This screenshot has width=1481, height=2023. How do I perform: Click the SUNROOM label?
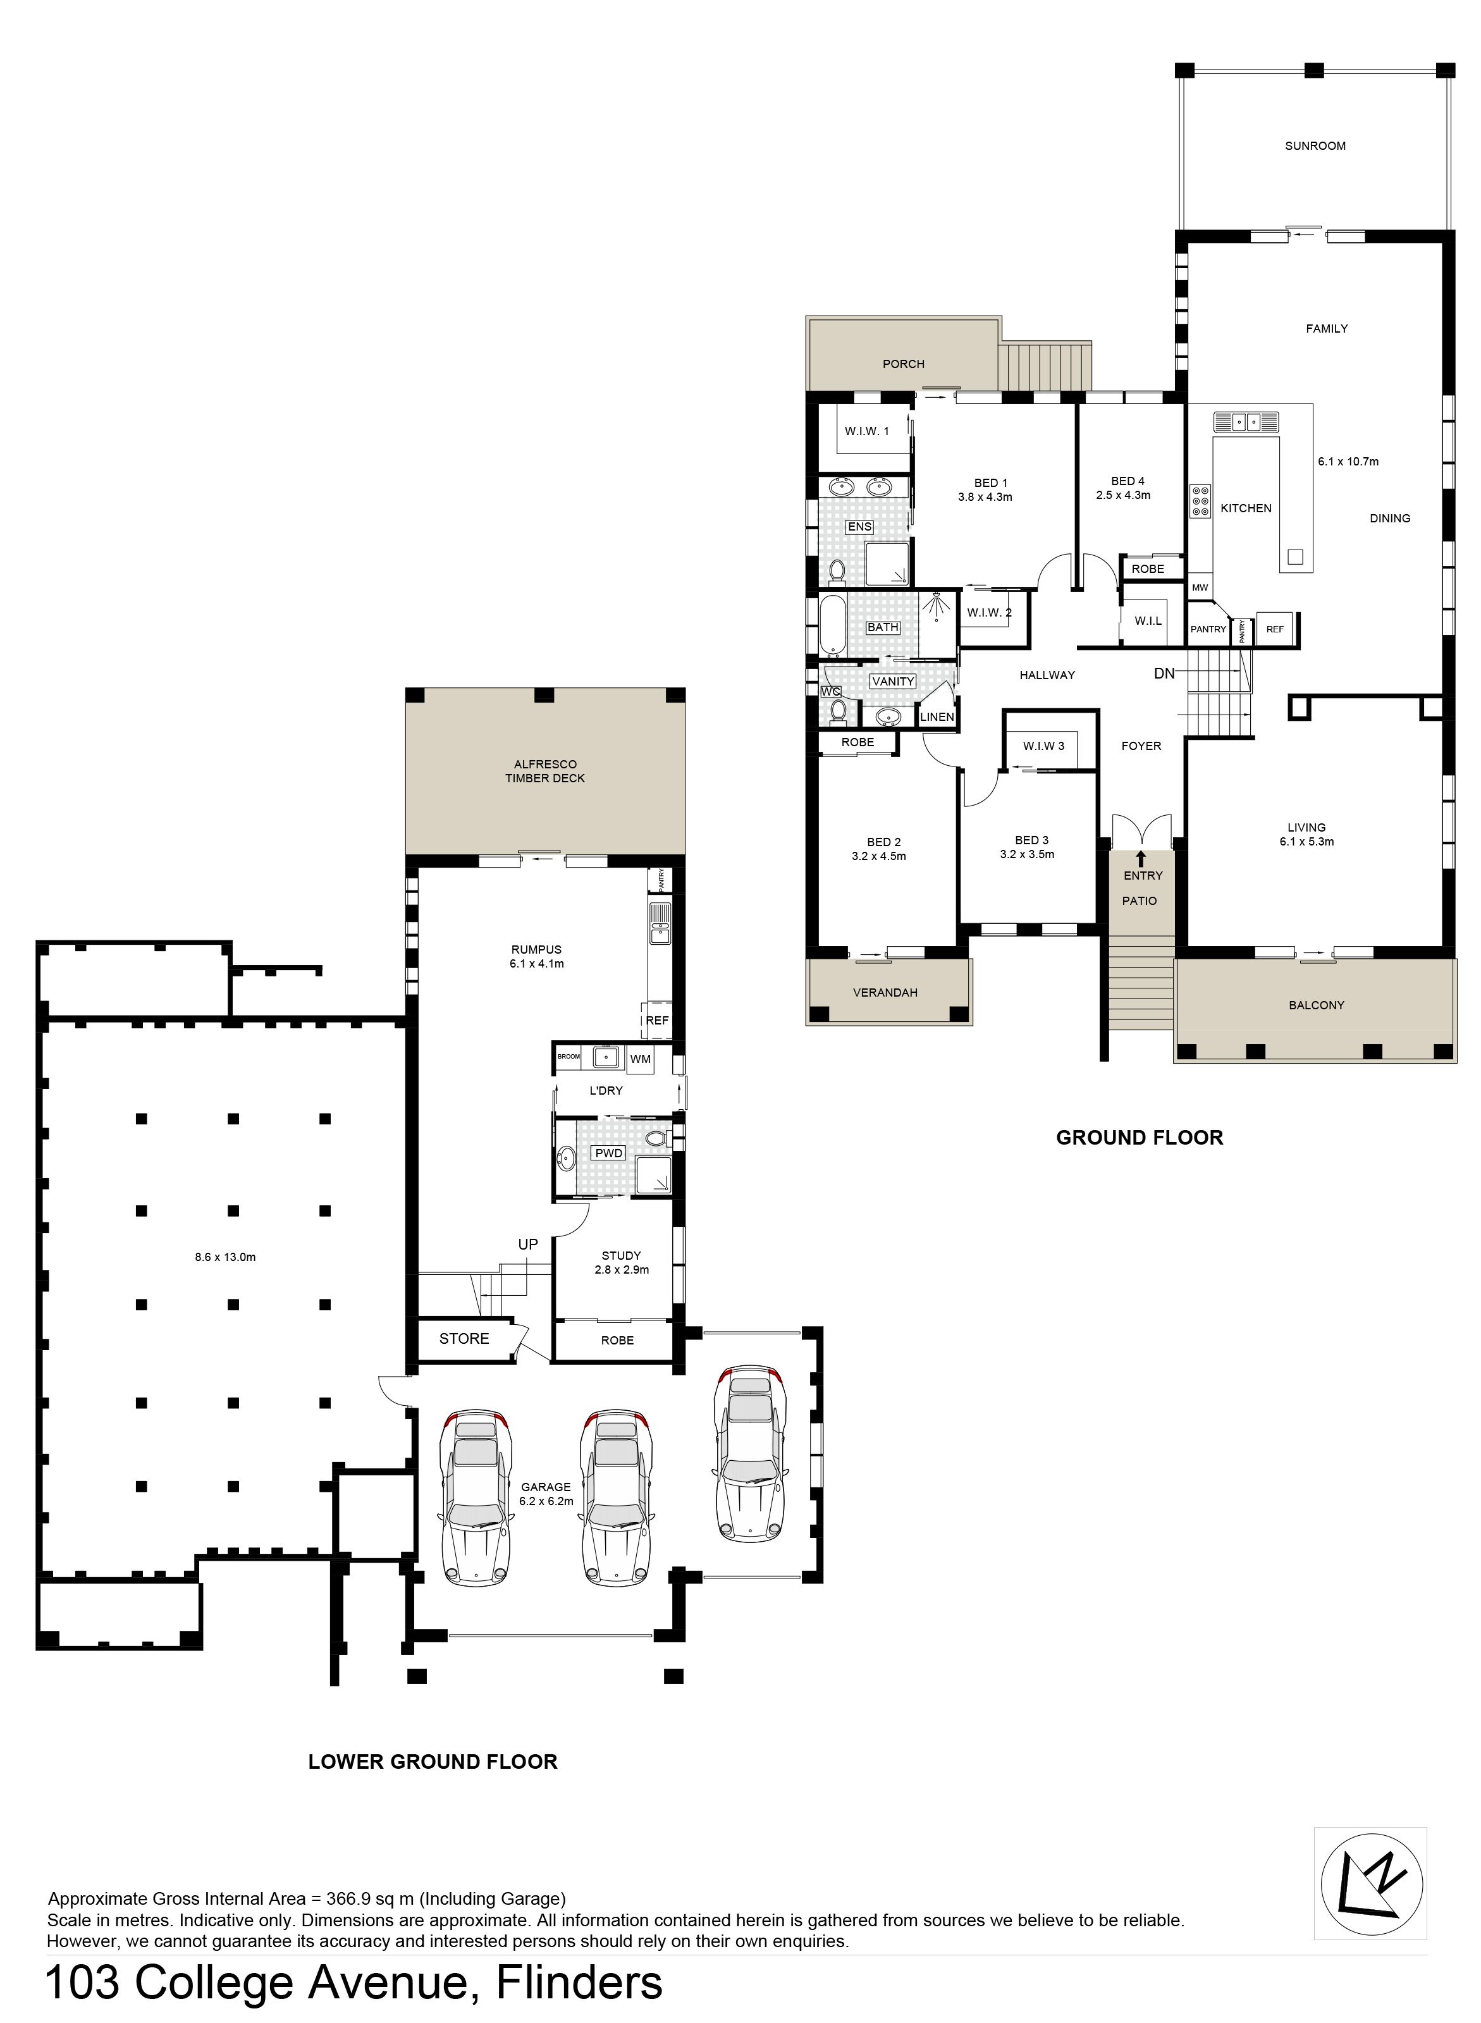1315,146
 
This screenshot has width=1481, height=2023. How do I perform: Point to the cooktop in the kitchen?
1200,501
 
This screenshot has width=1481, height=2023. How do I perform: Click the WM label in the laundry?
640,1059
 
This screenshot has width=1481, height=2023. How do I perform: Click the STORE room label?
464,1338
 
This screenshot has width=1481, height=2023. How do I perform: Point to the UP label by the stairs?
528,1244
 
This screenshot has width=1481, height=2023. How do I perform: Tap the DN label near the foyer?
1164,673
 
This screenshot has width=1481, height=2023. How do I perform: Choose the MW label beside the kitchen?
1200,588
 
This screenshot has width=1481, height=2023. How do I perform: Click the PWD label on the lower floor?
609,1153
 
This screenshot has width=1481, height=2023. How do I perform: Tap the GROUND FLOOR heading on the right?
1140,1138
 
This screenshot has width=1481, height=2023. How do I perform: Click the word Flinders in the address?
579,1984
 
